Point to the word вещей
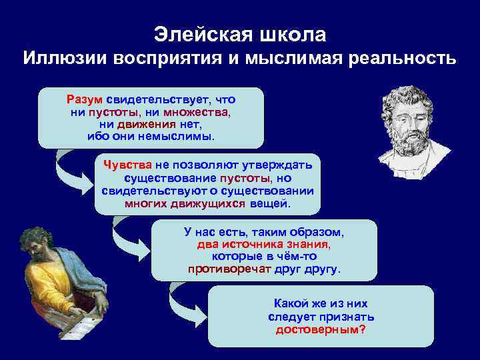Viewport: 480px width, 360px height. (x=270, y=203)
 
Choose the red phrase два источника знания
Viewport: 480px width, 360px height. (x=263, y=244)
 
